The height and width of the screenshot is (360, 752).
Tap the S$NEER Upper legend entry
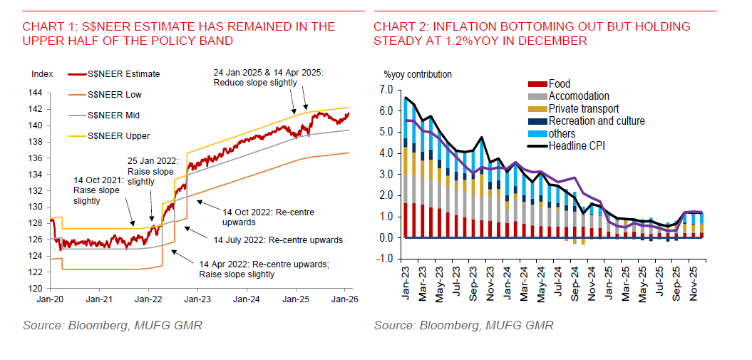pyautogui.click(x=118, y=135)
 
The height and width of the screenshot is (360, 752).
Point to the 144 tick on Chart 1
pyautogui.click(x=43, y=93)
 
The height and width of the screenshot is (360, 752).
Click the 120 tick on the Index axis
pyautogui.click(x=43, y=289)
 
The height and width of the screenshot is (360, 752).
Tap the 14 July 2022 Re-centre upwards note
pyautogui.click(x=278, y=240)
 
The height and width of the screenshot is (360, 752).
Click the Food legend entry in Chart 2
pyautogui.click(x=559, y=84)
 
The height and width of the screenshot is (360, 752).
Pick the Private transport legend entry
pyautogui.click(x=583, y=109)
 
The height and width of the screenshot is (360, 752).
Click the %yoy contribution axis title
pyautogui.click(x=418, y=74)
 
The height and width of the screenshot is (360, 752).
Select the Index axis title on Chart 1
pyautogui.click(x=43, y=73)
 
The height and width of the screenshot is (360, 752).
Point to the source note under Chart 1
pyautogui.click(x=112, y=326)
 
